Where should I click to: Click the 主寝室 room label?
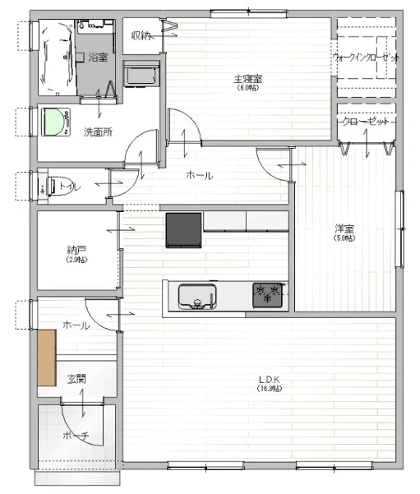(x=246, y=79)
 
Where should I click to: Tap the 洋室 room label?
(x=344, y=229)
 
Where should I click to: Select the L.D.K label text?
(x=269, y=379)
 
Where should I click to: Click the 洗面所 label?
(x=98, y=132)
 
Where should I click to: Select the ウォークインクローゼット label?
(x=367, y=58)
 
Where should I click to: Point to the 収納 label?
(x=141, y=35)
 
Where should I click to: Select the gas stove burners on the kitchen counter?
(x=268, y=294)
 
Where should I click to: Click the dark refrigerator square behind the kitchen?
(x=184, y=229)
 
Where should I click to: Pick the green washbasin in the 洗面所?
(x=55, y=122)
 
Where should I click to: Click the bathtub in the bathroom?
(x=54, y=55)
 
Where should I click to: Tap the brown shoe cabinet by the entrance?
(x=46, y=357)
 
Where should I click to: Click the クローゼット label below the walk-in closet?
(x=367, y=121)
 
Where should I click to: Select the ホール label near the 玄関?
(x=76, y=325)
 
